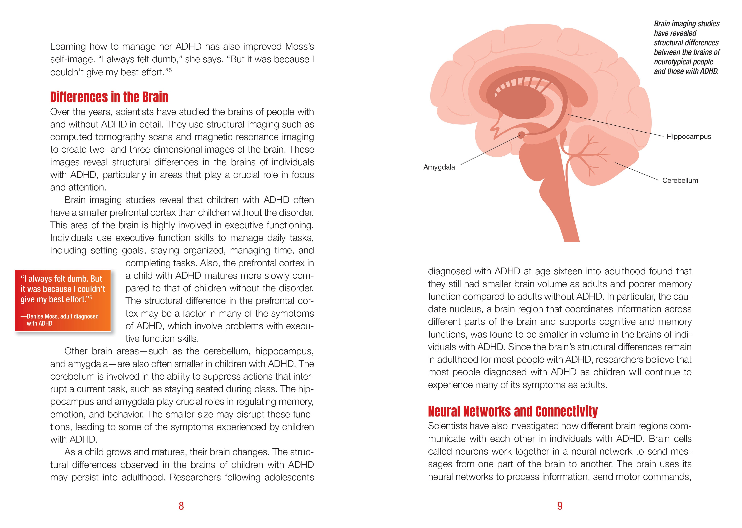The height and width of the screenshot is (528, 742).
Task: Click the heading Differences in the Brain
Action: (109, 97)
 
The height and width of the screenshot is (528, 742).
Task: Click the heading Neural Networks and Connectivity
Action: (513, 412)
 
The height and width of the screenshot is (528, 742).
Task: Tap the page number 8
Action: (181, 506)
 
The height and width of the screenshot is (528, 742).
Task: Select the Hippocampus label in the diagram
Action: (689, 137)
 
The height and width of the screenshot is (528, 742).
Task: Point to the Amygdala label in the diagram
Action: (439, 167)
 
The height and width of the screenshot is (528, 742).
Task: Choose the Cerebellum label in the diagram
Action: (680, 180)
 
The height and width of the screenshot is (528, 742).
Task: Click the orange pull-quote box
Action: (63, 300)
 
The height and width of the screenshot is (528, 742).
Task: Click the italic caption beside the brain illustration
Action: (686, 47)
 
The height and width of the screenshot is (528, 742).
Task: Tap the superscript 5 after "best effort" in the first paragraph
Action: (170, 70)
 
